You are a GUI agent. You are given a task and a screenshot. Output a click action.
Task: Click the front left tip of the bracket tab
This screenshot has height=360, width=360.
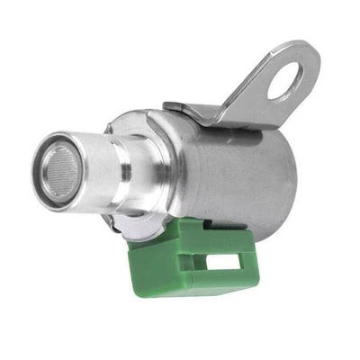pyautogui.click(x=167, y=109)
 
